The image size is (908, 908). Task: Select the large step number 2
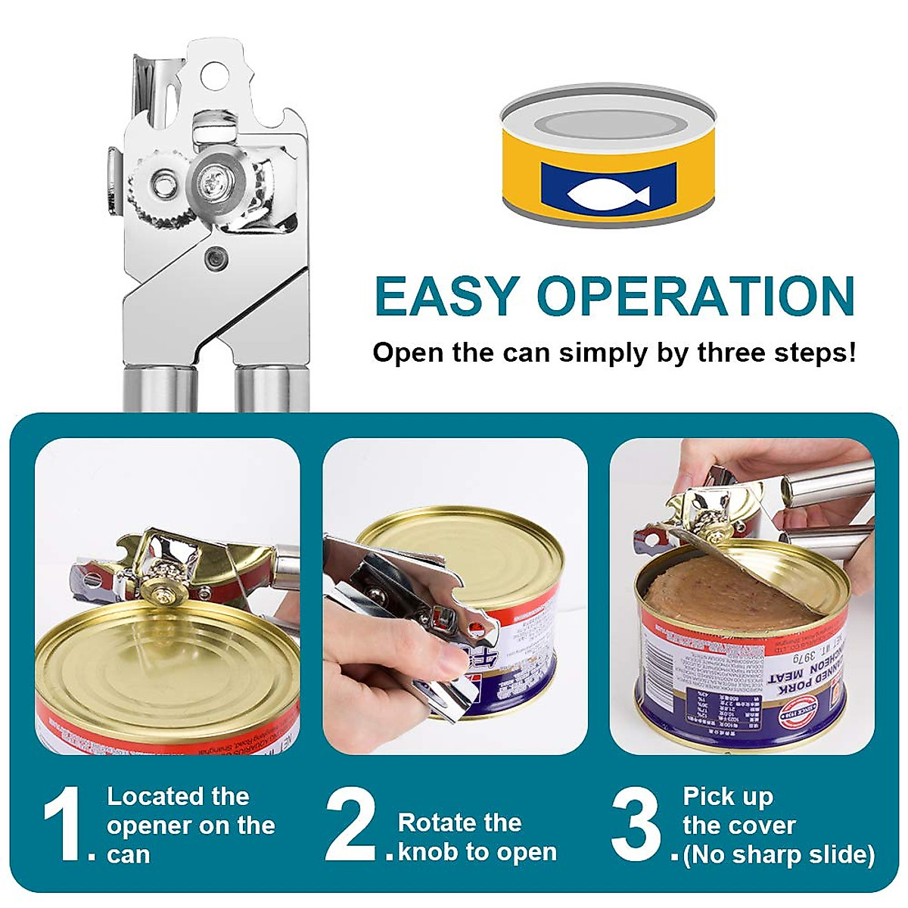350,825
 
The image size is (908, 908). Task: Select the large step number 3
636,825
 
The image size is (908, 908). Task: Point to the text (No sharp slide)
779,855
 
